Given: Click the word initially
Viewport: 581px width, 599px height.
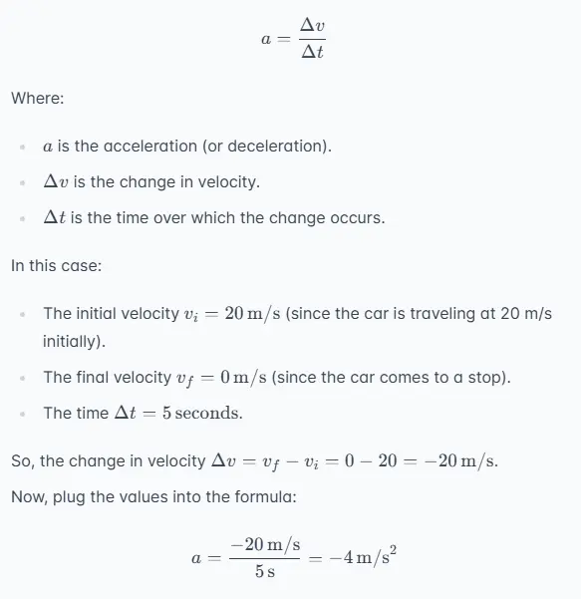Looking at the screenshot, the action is (x=71, y=340).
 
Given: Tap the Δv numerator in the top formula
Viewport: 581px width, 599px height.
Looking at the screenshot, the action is (x=313, y=26).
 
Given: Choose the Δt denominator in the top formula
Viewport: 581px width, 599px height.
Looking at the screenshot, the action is (x=313, y=53).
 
